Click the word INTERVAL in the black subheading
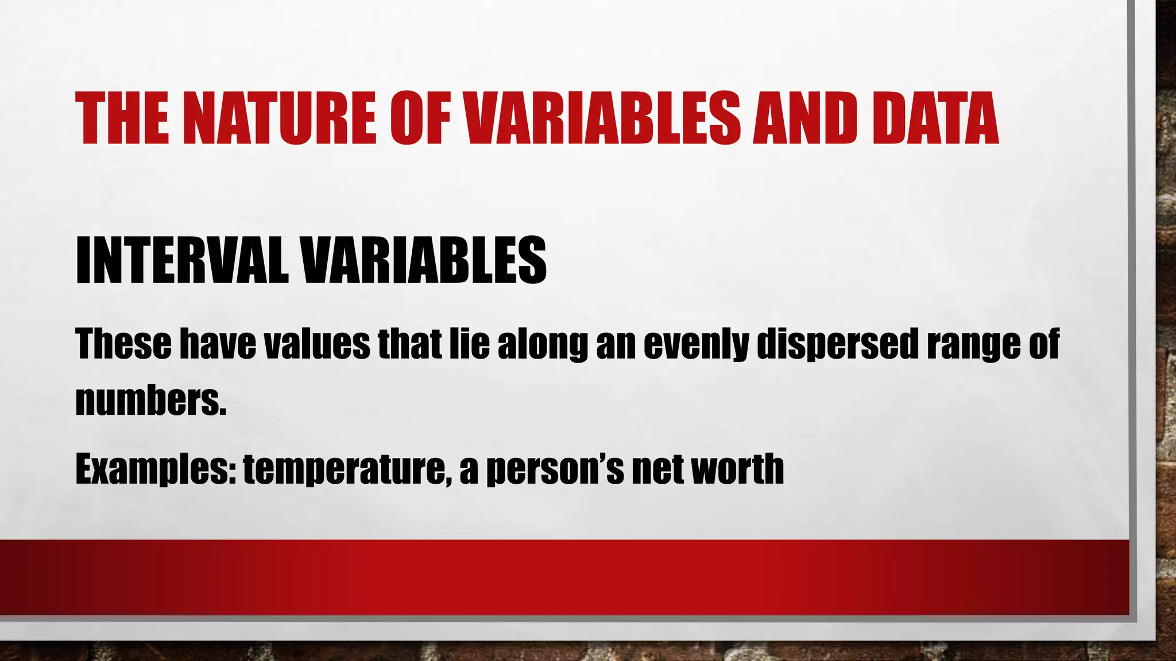181,260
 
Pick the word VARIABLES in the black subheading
424,260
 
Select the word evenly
695,344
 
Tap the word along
543,344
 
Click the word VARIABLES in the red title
602,119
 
